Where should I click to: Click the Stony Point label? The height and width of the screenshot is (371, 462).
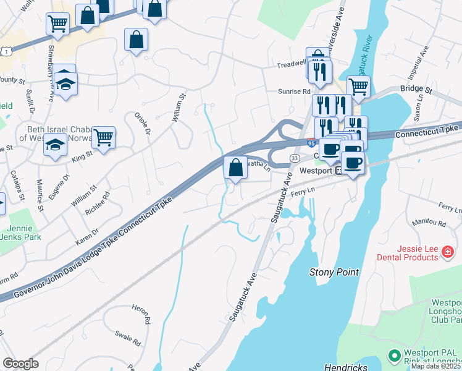click(x=334, y=272)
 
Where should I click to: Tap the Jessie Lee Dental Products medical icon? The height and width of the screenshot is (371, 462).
click(x=448, y=252)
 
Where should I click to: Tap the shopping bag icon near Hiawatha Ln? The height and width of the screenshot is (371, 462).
click(x=235, y=167)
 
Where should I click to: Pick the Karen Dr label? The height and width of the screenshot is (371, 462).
click(x=87, y=237)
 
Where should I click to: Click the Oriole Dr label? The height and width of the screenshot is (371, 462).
click(x=142, y=124)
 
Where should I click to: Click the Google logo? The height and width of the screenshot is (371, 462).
click(x=20, y=364)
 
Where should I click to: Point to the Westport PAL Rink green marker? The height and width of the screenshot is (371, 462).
click(x=393, y=356)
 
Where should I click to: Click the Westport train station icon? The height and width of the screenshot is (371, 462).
click(x=338, y=170)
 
